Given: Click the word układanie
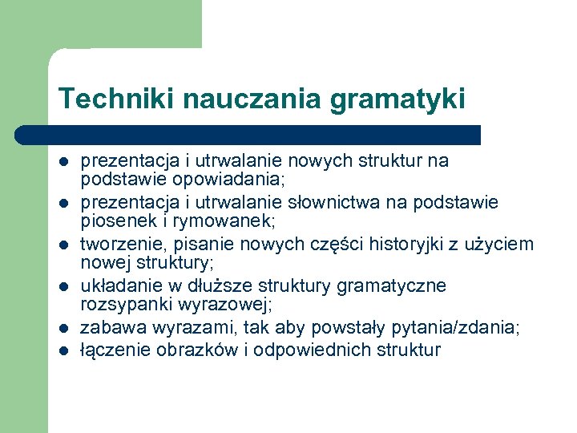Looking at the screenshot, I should click(118, 285).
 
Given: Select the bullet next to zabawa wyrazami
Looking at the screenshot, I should click(64, 328).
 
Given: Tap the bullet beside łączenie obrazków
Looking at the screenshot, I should click(64, 350).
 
